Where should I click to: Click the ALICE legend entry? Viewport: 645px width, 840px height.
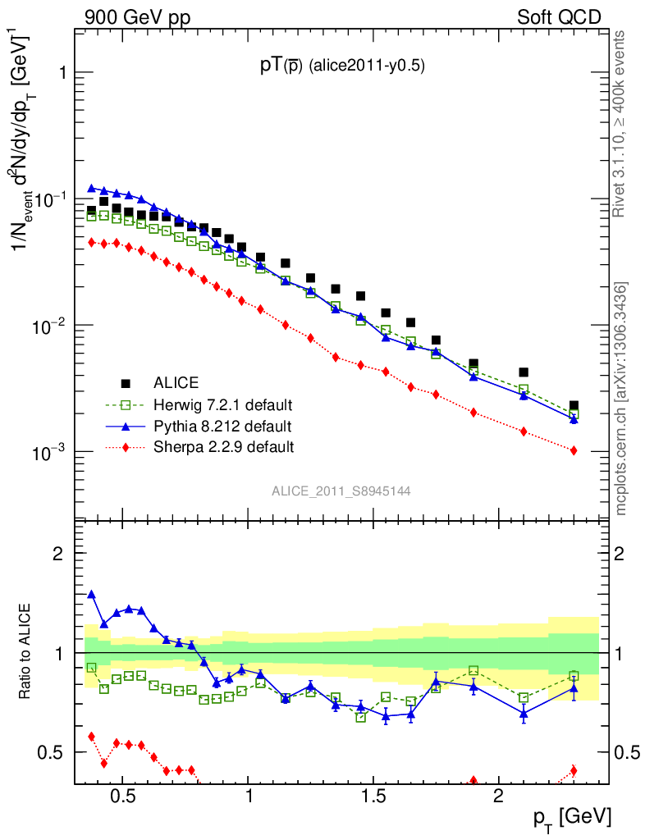(x=176, y=382)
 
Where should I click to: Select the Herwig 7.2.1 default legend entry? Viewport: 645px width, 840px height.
(x=222, y=404)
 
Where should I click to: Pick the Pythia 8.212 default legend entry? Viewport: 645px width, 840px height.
(x=222, y=426)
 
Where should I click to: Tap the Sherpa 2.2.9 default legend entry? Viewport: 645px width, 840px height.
(x=222, y=447)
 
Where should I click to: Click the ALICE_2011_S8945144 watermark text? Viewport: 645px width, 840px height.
(x=341, y=491)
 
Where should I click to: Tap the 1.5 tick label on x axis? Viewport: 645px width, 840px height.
(x=373, y=797)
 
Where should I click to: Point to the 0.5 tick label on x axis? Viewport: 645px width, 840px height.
(x=122, y=797)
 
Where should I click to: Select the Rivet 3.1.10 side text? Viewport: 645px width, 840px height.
(x=621, y=123)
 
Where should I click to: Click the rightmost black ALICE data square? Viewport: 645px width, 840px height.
(x=574, y=406)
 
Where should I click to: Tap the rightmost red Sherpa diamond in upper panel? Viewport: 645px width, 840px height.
(x=574, y=450)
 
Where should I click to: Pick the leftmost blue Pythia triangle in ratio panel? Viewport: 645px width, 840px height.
(x=92, y=594)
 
